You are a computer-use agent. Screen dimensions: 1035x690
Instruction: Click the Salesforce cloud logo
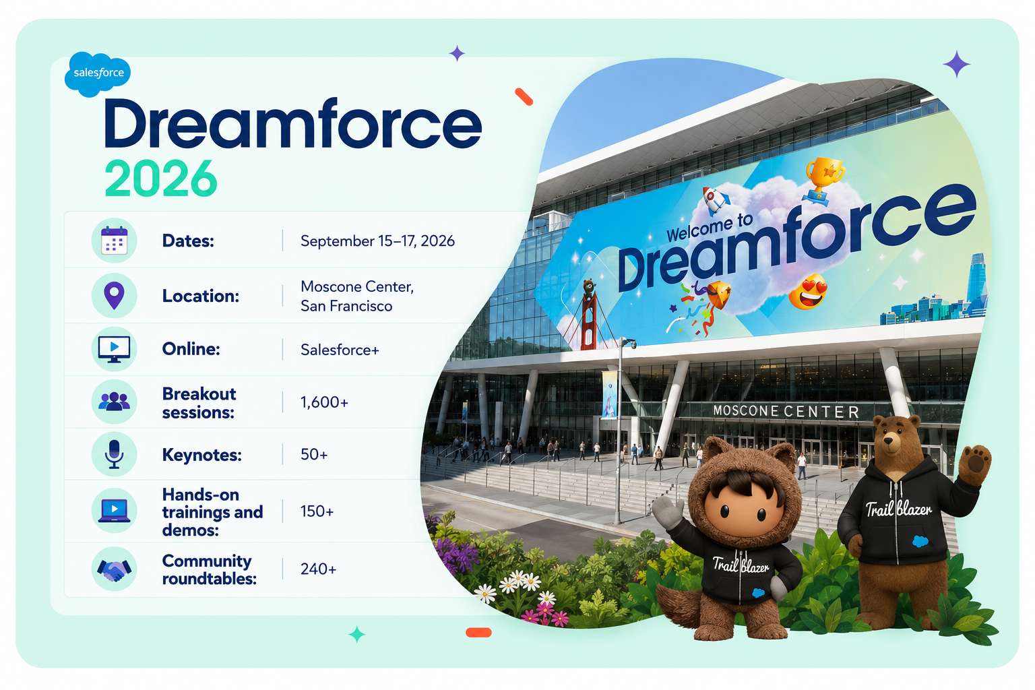(x=98, y=74)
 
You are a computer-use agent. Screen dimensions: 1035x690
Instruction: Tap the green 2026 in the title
(x=161, y=179)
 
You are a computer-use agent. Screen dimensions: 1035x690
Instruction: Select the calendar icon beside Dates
(x=114, y=241)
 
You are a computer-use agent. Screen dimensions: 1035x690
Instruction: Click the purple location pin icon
(x=114, y=295)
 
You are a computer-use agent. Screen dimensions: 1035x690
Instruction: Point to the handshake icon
(x=114, y=570)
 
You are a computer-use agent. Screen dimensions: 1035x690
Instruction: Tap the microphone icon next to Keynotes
(x=114, y=455)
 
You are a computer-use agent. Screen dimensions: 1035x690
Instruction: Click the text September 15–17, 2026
(x=377, y=241)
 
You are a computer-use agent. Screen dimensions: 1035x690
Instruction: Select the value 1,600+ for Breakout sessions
(x=324, y=402)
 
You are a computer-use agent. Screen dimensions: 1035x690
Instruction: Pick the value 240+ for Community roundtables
(x=318, y=569)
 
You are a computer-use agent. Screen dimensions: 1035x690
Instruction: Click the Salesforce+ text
(x=340, y=350)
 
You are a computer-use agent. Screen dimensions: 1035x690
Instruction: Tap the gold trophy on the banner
(x=824, y=180)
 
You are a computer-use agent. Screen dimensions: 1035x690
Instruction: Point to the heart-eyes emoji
(x=808, y=291)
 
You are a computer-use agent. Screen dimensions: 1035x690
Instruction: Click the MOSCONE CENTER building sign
(x=786, y=411)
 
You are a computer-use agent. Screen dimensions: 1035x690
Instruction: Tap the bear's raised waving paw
(x=974, y=464)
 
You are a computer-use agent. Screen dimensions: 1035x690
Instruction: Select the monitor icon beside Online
(x=114, y=350)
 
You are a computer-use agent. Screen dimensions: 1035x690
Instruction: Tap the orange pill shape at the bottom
(x=478, y=633)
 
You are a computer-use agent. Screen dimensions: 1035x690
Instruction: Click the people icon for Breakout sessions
(x=114, y=401)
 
